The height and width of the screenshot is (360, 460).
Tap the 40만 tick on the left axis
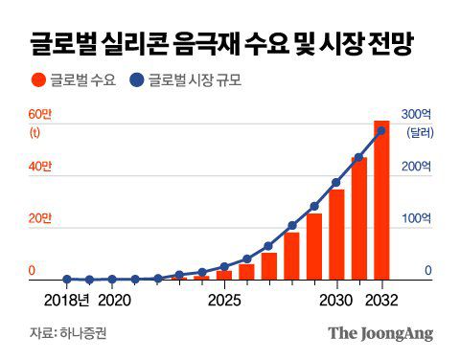point(39,167)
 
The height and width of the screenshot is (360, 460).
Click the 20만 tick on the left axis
point(39,219)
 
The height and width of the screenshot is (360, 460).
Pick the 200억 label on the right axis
point(418,167)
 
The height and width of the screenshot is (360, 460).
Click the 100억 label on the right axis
point(418,219)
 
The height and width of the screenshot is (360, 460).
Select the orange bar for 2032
point(381,201)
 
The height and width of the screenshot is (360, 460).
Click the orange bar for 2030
point(336,235)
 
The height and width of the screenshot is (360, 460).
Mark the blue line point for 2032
point(381,131)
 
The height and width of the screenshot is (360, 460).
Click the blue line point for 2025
point(224,267)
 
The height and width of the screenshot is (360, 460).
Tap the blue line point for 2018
point(67,280)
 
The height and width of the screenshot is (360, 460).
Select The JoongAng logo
point(380,334)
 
